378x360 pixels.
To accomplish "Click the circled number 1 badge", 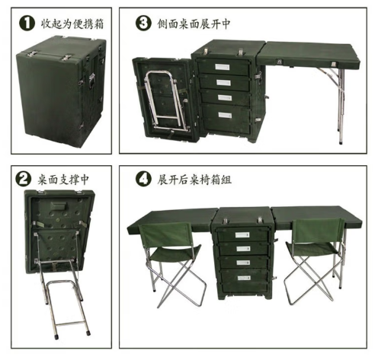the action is pos(27,24).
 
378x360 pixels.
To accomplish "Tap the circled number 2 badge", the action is pos(24,180).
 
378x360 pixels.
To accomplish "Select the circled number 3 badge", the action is pos(143,23).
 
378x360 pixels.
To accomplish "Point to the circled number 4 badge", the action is pos(143,179).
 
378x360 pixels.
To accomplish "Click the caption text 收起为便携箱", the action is pos(72,24).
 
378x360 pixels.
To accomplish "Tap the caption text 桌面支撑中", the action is pos(63,180).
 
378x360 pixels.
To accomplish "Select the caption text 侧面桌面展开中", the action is pos(194,24).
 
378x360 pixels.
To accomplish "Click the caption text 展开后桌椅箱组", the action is pos(194,180).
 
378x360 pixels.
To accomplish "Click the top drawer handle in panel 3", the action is pos(223,67).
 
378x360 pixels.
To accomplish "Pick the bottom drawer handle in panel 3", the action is pos(225,115).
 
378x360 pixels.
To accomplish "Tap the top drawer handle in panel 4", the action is pos(242,235).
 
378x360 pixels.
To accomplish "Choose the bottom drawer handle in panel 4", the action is pos(244,278).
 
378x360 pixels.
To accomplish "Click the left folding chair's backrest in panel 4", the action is pos(165,234).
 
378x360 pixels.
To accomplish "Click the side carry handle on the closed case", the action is pos(91,80).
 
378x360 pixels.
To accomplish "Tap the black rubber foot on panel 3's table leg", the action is pos(341,143).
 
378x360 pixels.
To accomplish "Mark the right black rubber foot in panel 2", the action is pos(88,333).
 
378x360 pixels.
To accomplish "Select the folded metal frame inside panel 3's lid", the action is pos(165,100).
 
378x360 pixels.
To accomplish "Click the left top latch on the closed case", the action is pos(32,53).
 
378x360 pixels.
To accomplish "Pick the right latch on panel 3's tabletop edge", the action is pos(333,64).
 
